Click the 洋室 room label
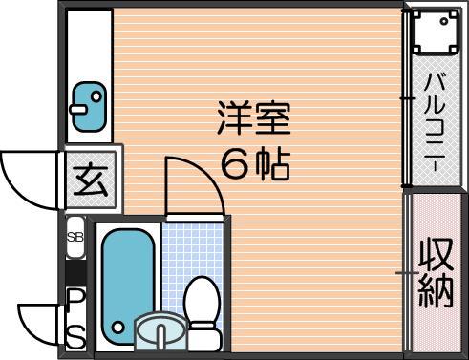253,118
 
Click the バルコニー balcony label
436,122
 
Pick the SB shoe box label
75,237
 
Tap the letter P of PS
75,299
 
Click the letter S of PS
75,337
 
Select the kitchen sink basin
89,107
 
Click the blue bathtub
128,286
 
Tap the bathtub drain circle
118,328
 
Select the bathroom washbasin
160,331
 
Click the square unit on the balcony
436,31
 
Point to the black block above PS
75,272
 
